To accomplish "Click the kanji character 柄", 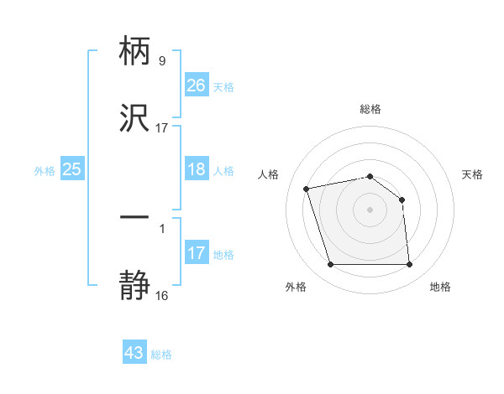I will point(134,52).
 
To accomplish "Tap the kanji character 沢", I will point(134,118).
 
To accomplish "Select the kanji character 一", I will point(134,217).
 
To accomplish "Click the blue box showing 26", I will point(197,86).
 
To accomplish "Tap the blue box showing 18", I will point(197,169).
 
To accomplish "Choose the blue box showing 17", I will point(197,253).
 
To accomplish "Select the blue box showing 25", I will point(72,169).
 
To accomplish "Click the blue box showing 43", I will point(134,353).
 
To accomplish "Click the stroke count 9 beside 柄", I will point(162,60).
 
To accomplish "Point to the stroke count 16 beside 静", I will point(162,295).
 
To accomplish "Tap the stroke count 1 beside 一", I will point(162,227).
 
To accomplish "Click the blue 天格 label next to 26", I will point(223,86).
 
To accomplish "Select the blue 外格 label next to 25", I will point(45,170).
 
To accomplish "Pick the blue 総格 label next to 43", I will point(161,354).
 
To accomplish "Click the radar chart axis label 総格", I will point(370,109).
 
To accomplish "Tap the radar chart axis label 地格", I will point(440,287).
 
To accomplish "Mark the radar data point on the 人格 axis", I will point(307,188).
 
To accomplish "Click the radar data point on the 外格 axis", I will point(330,265).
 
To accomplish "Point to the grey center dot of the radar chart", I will point(370,210).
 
